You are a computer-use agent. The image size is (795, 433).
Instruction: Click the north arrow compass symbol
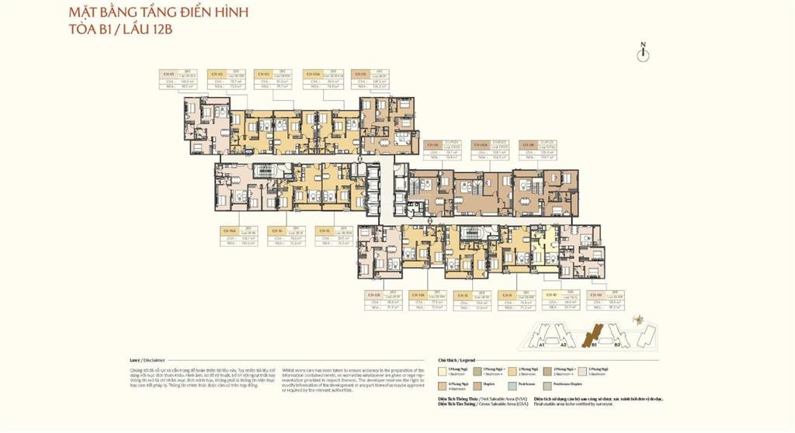tap(643, 51)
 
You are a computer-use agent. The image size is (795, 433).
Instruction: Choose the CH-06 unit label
tap(432, 145)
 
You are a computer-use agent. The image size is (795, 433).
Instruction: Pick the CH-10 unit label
tap(551, 295)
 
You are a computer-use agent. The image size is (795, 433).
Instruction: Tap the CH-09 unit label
tap(597, 295)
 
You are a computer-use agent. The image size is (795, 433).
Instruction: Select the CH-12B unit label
tap(373, 295)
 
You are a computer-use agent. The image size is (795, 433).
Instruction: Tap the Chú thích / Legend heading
tap(456, 361)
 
